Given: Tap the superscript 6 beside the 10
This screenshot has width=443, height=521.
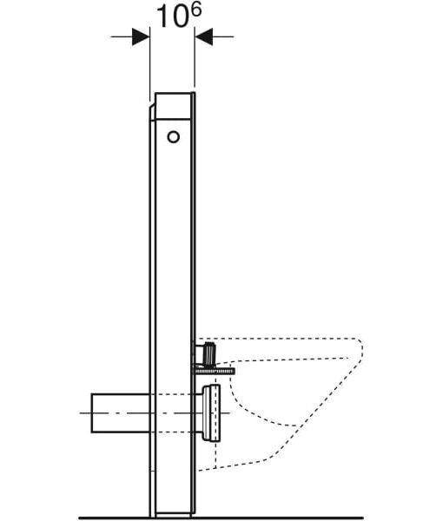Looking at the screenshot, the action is pos(196,10).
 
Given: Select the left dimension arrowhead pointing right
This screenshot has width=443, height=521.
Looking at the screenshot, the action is pos(141,36).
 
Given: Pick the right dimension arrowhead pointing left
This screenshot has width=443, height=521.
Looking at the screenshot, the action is pos(203,36).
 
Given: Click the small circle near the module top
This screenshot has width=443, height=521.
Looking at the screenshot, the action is pos(173,137).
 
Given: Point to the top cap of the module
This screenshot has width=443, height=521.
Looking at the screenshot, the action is pos(173,106).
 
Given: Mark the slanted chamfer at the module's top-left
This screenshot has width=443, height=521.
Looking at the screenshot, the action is pos(152,111).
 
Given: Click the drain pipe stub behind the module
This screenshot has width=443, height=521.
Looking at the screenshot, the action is pos(121,413).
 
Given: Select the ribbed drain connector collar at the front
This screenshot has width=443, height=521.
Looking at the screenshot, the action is pos(211,412).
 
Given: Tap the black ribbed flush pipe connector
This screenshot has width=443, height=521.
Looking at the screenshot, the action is pos(210,353).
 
